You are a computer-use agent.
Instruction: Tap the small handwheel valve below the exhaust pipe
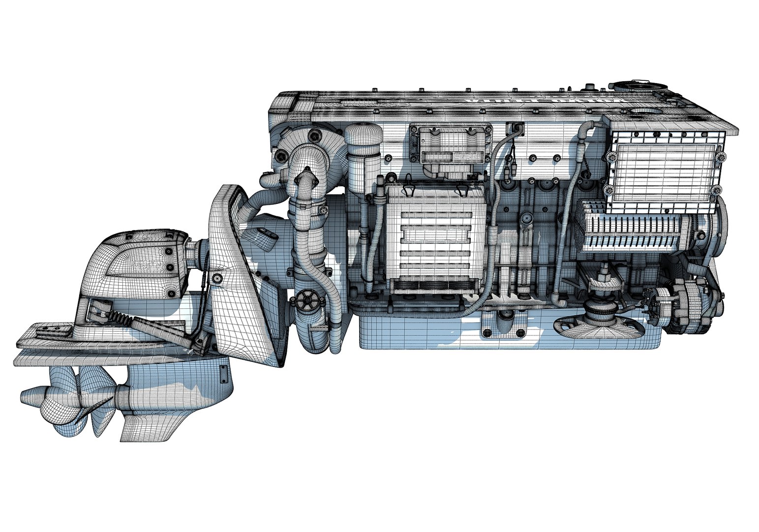point(307,299)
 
